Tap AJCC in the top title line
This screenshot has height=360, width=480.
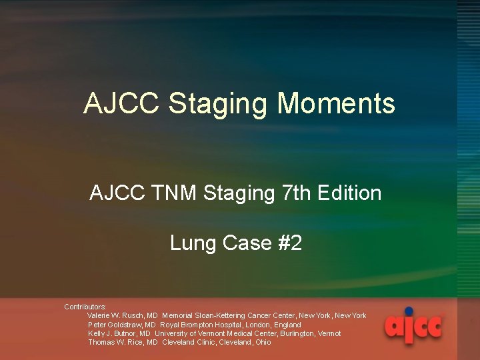pos(122,104)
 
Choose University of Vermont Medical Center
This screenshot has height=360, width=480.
pos(223,333)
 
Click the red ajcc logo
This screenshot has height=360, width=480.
pos(413,326)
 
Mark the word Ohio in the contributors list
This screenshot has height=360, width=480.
pos(263,342)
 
